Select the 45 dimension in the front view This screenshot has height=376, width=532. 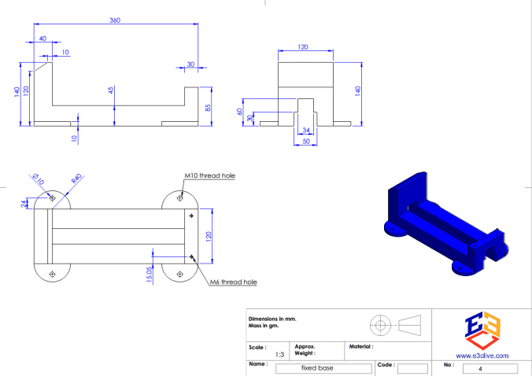[x=111, y=90]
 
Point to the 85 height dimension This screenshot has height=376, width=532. [x=209, y=108]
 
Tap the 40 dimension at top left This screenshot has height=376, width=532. [x=42, y=39]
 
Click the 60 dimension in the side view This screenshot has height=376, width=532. [x=241, y=111]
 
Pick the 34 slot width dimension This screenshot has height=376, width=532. [x=306, y=131]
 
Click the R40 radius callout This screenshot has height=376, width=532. [x=76, y=179]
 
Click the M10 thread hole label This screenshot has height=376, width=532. [x=210, y=175]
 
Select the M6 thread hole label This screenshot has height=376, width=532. [x=233, y=282]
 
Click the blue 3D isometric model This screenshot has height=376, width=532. [x=445, y=224]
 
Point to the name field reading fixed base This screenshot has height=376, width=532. [x=323, y=367]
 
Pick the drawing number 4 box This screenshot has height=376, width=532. [x=490, y=367]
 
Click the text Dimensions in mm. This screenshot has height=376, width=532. [x=272, y=319]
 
